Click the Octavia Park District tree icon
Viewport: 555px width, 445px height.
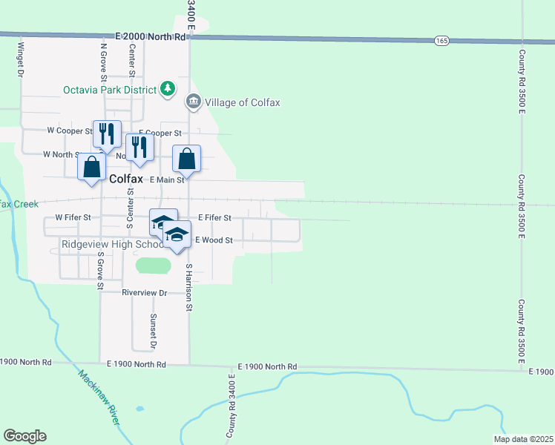(x=168, y=89)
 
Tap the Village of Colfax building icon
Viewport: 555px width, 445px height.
(x=194, y=102)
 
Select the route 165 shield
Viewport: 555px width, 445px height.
(x=441, y=40)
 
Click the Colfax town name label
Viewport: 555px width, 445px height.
(x=126, y=179)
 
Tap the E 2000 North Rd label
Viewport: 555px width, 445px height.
(x=151, y=36)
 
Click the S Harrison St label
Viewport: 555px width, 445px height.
(x=189, y=287)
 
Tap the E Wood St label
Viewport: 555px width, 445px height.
(x=214, y=240)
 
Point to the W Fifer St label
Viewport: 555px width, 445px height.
(x=73, y=218)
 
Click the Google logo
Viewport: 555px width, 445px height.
(x=24, y=436)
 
